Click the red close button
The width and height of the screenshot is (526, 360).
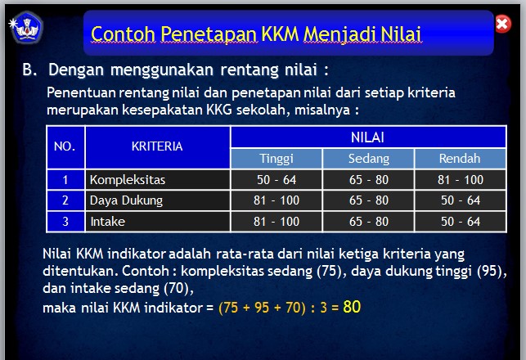pos(503,25)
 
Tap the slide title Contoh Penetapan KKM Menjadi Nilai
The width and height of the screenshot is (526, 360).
pos(256,34)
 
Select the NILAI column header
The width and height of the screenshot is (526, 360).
pos(368,137)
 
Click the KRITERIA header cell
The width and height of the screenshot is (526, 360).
pos(157,147)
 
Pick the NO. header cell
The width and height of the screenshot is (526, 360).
pos(65,147)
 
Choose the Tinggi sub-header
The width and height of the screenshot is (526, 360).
pos(276,159)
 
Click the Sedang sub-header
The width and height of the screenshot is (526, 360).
pos(369,159)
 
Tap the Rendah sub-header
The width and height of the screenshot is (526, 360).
pos(460,159)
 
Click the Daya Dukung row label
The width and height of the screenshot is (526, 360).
pos(127,200)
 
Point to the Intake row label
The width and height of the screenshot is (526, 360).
pos(107,222)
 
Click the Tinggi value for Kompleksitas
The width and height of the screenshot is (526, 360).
pos(276,179)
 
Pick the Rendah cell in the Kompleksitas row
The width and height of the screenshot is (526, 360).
pos(460,179)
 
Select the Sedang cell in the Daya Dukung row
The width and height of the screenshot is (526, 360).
pos(369,200)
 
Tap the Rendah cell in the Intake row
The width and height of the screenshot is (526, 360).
pos(460,222)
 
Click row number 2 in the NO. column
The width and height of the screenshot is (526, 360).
pos(65,200)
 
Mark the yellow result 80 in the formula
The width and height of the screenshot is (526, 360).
pos(352,308)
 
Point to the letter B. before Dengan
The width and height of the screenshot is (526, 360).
pos(29,70)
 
